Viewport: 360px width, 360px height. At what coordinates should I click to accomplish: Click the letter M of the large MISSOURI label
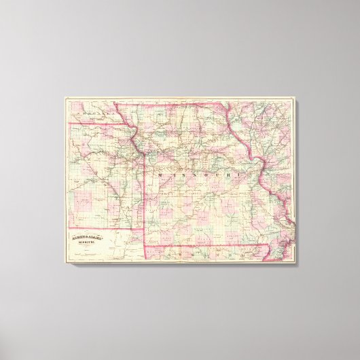tap(159, 175)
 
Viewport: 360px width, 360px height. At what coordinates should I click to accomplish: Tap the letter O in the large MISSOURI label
tap(197, 175)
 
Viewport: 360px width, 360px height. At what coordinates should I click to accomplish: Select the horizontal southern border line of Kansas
tap(102, 228)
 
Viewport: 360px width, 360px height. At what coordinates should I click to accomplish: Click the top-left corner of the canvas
tap(65, 98)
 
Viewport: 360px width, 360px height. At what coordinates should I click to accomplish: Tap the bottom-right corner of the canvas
tap(298, 264)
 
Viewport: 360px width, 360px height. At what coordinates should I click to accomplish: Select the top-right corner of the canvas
tap(298, 98)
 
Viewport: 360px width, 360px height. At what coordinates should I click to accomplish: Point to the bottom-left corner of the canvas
tap(65, 264)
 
